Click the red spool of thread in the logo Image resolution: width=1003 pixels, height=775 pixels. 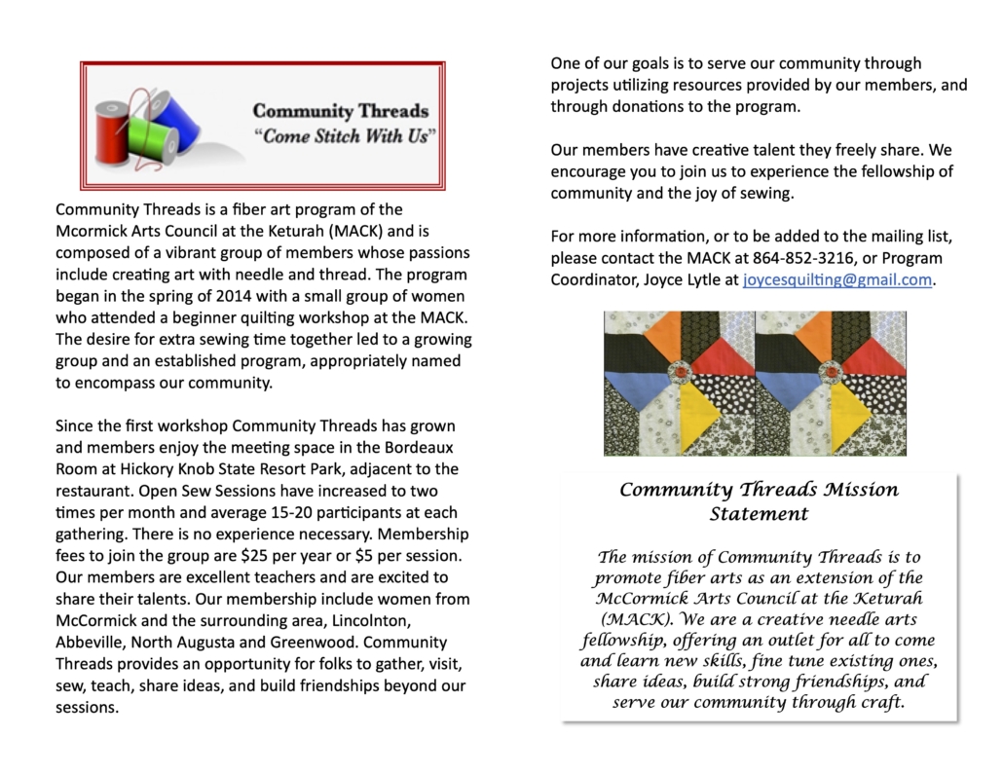click(113, 128)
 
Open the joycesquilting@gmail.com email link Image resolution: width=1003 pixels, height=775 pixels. click(836, 279)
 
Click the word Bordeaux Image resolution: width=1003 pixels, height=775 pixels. click(423, 448)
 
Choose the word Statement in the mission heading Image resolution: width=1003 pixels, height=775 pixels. click(759, 513)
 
